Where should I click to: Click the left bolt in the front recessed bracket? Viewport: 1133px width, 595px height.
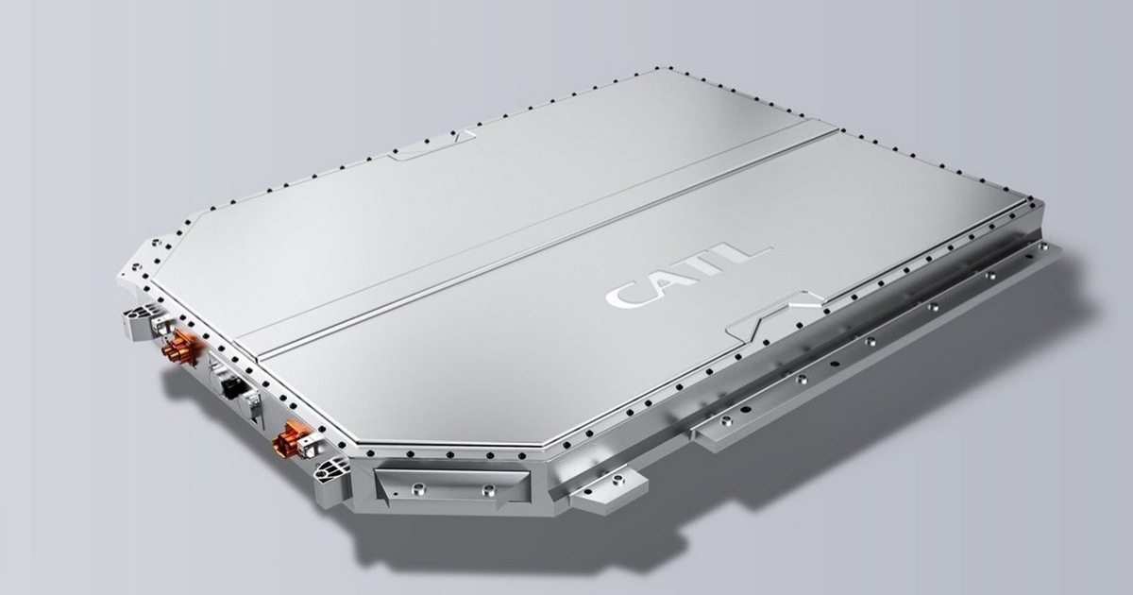click(418, 487)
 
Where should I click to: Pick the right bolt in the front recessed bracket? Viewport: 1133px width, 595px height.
click(488, 489)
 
